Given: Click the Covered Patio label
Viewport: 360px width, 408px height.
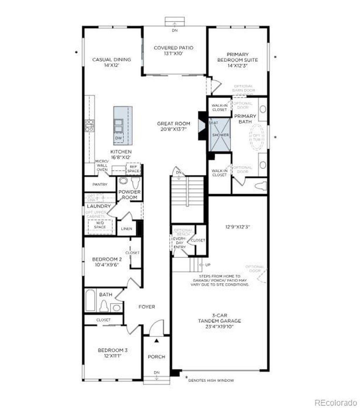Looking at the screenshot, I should click(173, 48).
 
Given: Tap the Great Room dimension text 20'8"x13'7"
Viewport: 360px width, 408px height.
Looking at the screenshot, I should click(173, 129).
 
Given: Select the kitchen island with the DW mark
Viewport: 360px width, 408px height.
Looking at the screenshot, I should click(123, 125).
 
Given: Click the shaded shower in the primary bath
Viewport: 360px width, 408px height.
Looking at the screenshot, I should click(220, 135).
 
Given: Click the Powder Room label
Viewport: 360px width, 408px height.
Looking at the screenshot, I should click(129, 194).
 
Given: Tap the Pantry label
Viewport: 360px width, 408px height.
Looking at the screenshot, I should click(99, 184).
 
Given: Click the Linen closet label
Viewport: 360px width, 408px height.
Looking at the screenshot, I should click(127, 229).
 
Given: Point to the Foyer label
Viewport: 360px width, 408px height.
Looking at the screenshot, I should click(147, 307).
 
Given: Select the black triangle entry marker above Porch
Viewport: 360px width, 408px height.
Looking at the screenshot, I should click(157, 341).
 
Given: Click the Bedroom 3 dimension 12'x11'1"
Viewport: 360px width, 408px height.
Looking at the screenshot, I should click(112, 356).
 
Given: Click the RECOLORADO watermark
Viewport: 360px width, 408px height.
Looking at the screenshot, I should click(335, 402).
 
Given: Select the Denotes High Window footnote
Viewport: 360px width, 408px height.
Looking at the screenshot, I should click(211, 380).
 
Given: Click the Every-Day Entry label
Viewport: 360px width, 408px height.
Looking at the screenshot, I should click(179, 243).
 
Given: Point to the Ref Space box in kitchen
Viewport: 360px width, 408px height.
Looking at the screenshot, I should click(133, 169).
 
